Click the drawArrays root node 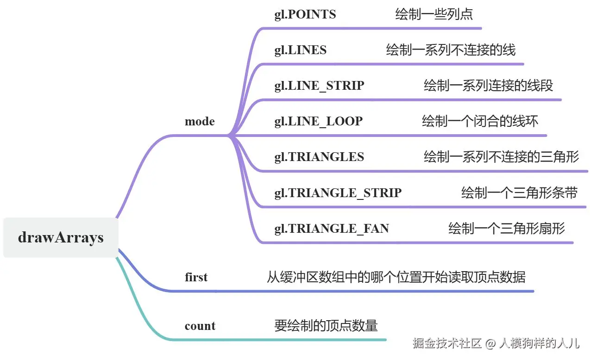pos(61,237)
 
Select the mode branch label pos(200,121)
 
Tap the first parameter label pos(196,277)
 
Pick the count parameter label pos(200,326)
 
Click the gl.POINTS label pos(305,15)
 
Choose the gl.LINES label pos(300,50)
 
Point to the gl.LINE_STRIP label pos(319,86)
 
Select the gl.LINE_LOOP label pos(319,122)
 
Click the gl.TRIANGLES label pos(319,157)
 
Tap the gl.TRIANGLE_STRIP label pos(338,193)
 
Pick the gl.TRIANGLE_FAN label pos(332,229)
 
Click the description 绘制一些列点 pos(434,14)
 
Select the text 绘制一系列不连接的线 pos(451,50)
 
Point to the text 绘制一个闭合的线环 pos(480,121)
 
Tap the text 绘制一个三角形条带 pos(520,192)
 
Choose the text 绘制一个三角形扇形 pos(507,229)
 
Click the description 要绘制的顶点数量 pos(326,325)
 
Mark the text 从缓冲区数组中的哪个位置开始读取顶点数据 pos(396,277)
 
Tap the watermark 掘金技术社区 pos(447,343)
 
